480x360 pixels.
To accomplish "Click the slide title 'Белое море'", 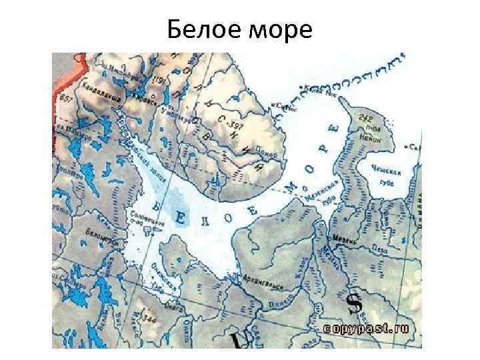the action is pos(239,29).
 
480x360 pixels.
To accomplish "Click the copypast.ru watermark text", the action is pos(369,329).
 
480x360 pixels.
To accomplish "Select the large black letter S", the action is pos(355,303).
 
